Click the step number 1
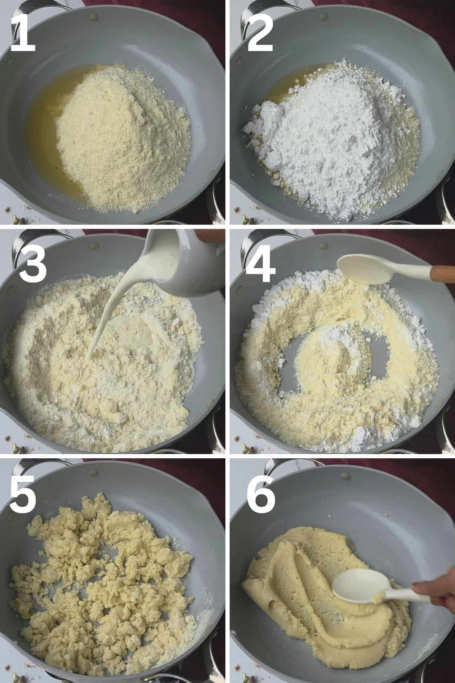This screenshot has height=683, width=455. point(23,33)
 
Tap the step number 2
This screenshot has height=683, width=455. point(260,33)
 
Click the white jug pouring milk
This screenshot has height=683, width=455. point(180,262)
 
